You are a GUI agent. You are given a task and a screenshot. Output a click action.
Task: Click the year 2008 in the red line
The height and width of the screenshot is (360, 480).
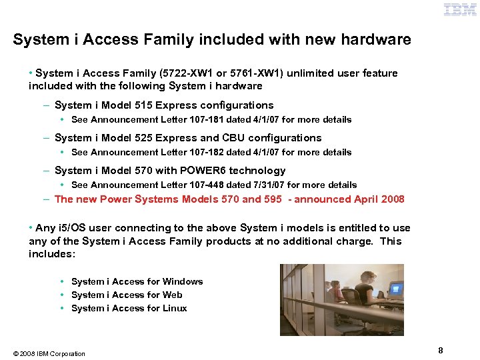tap(391, 199)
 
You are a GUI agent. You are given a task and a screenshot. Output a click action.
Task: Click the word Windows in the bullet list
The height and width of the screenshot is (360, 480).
tap(183, 282)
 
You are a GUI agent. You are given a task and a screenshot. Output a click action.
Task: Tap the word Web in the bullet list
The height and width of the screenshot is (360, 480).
tap(172, 295)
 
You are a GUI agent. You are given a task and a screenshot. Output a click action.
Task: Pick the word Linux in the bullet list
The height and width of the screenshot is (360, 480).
tap(175, 309)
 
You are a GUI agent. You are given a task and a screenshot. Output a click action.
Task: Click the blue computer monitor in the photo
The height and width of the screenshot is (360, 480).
tap(395, 289)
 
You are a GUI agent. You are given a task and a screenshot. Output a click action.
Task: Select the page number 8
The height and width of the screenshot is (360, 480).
tap(441, 351)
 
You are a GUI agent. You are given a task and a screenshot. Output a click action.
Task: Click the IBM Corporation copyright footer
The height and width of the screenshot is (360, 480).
tap(49, 354)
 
